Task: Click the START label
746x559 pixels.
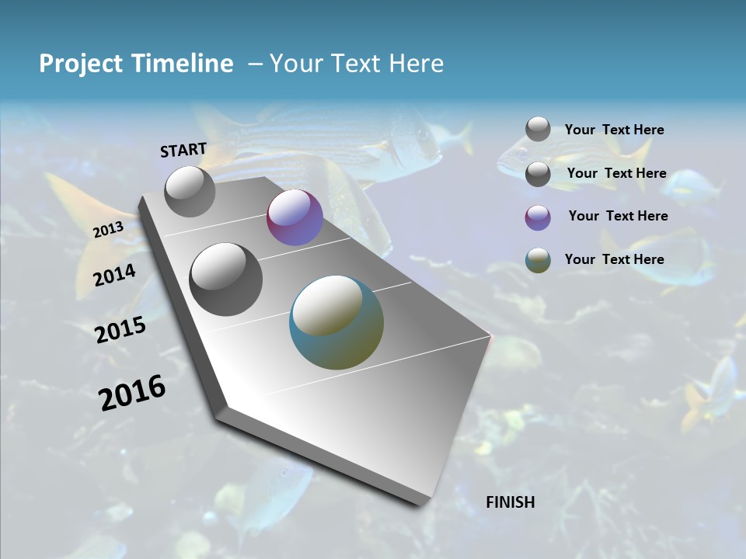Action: click(x=183, y=150)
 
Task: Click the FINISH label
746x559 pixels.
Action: click(x=511, y=502)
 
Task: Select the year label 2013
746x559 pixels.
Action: click(x=108, y=230)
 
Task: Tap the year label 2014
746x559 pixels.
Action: click(x=115, y=276)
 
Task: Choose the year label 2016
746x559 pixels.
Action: click(x=132, y=392)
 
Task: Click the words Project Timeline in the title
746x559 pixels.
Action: click(x=136, y=64)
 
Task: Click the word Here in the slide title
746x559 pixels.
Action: click(x=416, y=64)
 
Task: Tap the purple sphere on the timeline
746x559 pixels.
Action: click(x=295, y=218)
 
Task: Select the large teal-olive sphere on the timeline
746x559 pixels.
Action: click(x=336, y=322)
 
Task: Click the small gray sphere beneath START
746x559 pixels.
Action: click(x=190, y=192)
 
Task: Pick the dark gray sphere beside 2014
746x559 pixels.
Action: click(x=226, y=279)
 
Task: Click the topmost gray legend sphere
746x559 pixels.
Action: click(x=538, y=129)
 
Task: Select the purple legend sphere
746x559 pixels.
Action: click(x=538, y=217)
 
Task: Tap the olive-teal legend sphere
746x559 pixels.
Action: click(x=538, y=260)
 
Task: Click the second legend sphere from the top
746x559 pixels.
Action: click(x=538, y=174)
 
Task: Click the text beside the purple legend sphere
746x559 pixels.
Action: click(x=618, y=216)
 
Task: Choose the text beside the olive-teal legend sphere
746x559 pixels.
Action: click(x=615, y=259)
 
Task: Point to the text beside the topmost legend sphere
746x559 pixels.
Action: click(x=615, y=130)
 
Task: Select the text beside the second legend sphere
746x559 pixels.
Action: click(x=617, y=173)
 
